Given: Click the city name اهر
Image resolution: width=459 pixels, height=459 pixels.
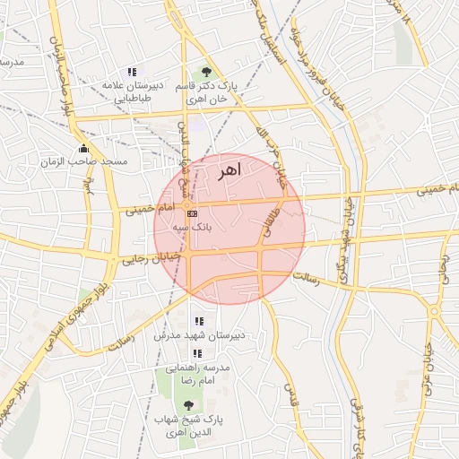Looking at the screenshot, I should [229, 171].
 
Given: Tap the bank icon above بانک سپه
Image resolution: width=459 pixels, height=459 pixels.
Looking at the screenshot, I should [192, 213].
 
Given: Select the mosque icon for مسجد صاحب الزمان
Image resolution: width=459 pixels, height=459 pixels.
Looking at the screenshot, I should [84, 148].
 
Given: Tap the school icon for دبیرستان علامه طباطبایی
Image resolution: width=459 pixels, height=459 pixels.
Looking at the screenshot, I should [133, 72].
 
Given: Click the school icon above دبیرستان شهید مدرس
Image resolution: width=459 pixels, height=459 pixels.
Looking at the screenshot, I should [199, 321].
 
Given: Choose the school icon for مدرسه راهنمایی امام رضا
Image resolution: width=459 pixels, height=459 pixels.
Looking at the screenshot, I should [197, 354].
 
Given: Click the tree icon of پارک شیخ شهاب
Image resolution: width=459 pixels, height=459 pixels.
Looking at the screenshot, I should [187, 405].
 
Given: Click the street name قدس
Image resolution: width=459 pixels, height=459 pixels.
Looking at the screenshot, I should [290, 390].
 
